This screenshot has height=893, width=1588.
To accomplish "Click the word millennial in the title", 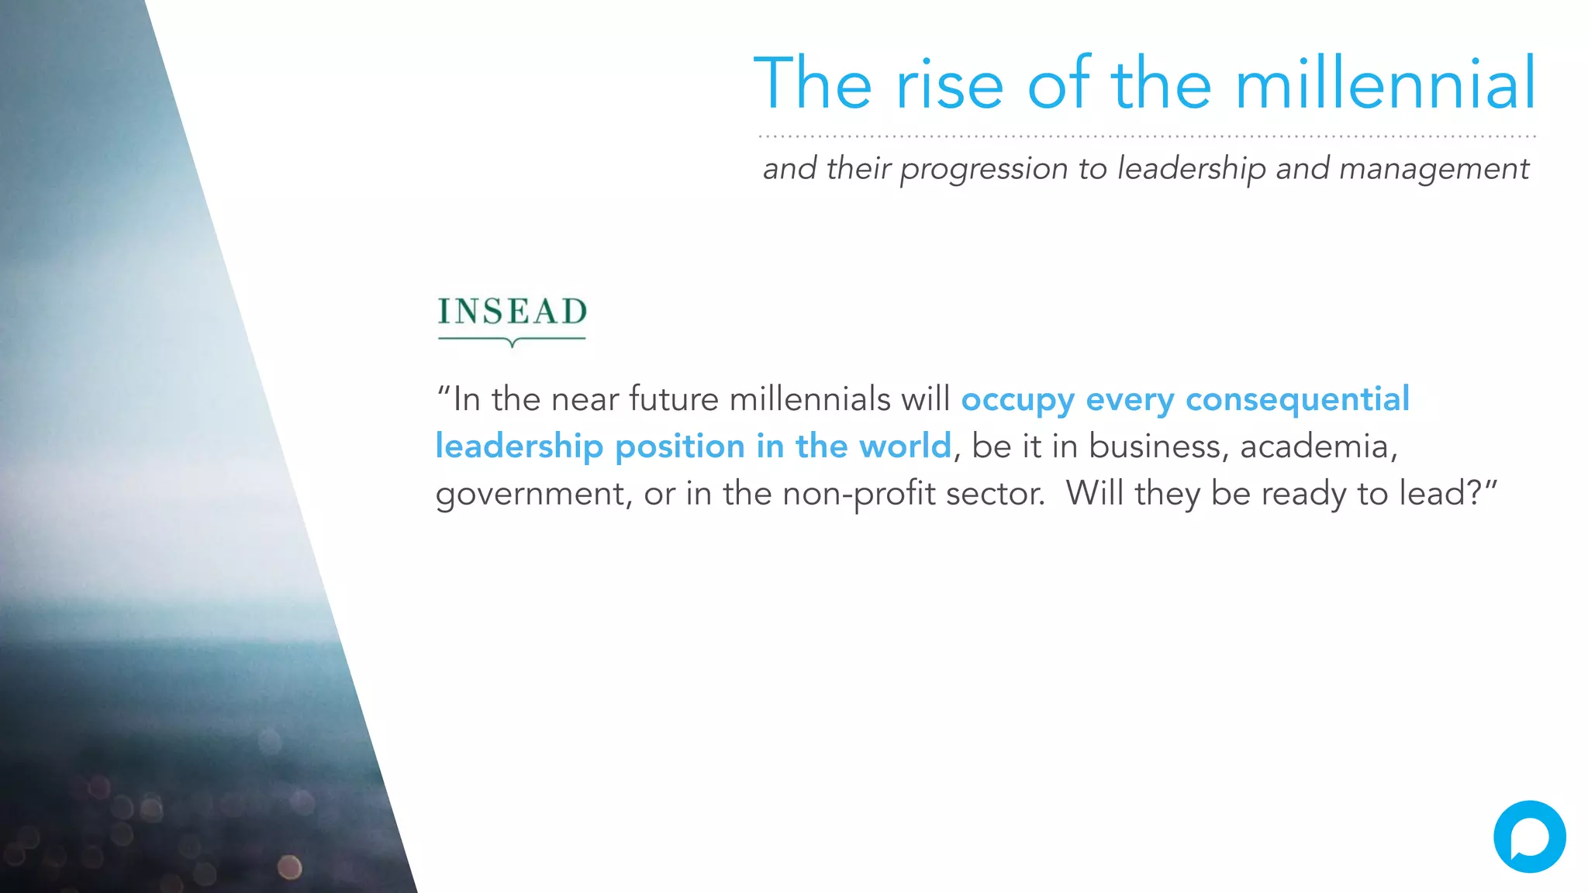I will pyautogui.click(x=1385, y=83).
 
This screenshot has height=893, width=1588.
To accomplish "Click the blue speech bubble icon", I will pyautogui.click(x=1529, y=836).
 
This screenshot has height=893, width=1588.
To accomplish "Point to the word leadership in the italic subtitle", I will pyautogui.click(x=1191, y=169).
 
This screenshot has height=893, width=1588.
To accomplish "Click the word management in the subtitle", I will pyautogui.click(x=1434, y=169).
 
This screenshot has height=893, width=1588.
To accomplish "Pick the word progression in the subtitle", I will pyautogui.click(x=983, y=169).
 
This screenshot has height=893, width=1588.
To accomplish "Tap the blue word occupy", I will pyautogui.click(x=1017, y=400).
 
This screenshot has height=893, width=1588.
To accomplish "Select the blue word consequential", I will pyautogui.click(x=1297, y=400).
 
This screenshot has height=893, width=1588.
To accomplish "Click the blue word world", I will pyautogui.click(x=905, y=446).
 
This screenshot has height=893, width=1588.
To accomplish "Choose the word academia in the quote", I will pyautogui.click(x=1318, y=446).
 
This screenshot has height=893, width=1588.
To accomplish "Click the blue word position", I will pyautogui.click(x=680, y=446).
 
